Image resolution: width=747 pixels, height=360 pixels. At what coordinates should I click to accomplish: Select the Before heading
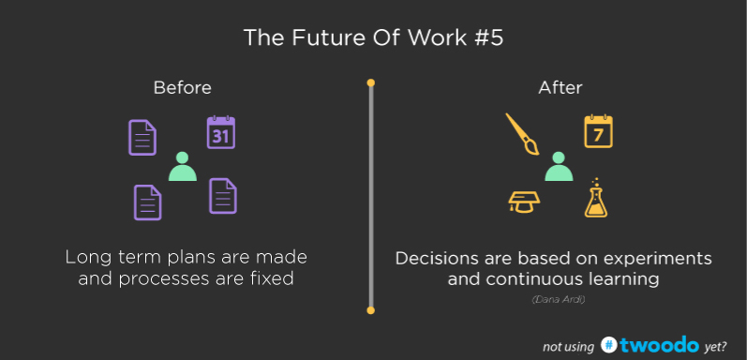tap(183, 87)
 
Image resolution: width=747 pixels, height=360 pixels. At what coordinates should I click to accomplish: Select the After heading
tap(560, 87)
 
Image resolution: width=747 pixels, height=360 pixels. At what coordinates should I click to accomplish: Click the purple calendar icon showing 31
tap(220, 133)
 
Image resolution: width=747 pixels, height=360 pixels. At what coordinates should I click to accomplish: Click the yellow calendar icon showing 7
tap(598, 133)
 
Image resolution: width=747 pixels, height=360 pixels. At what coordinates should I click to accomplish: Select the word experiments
tap(658, 258)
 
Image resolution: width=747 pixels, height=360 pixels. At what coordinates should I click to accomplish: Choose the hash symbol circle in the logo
tap(610, 344)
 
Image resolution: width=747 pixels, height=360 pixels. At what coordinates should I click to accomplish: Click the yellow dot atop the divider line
tap(371, 83)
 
